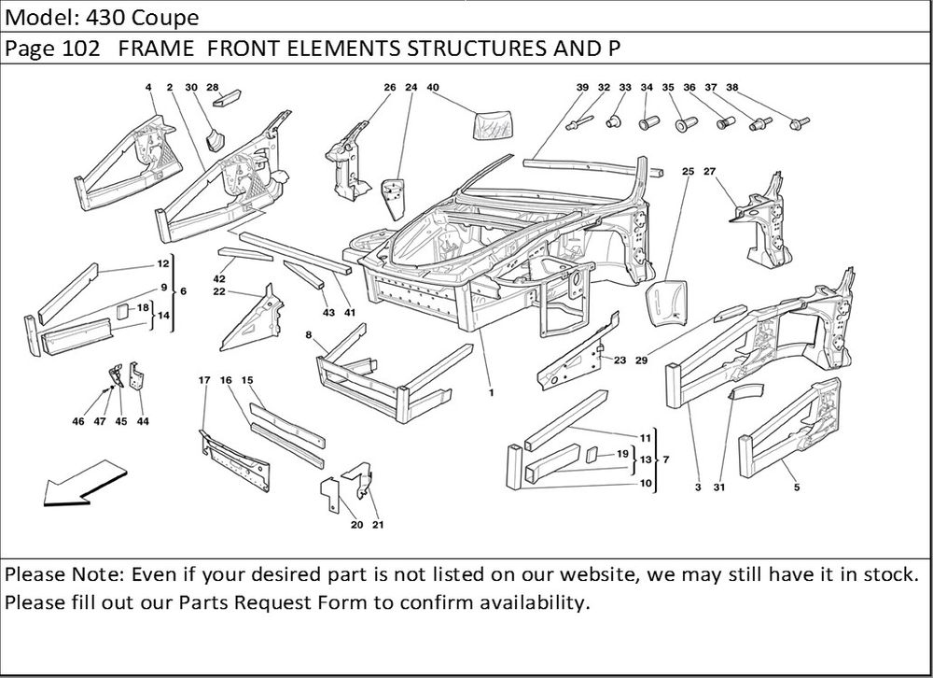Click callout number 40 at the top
pos(433,87)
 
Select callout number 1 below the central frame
pos(491,393)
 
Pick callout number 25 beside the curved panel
pos(688,172)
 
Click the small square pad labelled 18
pos(121,311)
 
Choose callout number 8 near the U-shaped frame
pos(308,333)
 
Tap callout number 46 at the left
pos(77,421)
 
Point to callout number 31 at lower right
pos(718,487)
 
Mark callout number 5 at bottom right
pos(796,487)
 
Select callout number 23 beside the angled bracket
pos(620,360)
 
